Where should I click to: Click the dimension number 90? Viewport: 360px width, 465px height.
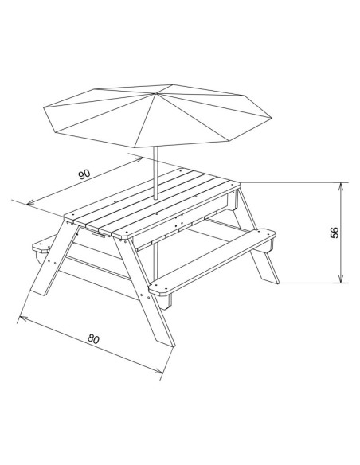click(84, 174)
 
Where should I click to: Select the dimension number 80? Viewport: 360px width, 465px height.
click(93, 338)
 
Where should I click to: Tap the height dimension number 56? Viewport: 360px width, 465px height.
click(335, 232)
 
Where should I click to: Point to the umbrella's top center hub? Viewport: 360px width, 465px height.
click(155, 94)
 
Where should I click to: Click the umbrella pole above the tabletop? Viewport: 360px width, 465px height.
click(155, 173)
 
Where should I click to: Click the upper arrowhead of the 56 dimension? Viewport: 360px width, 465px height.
click(341, 187)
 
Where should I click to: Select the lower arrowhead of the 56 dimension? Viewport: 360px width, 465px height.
click(341, 279)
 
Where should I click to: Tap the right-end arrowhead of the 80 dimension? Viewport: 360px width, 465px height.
click(158, 370)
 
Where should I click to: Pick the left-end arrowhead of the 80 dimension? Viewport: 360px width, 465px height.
click(23, 318)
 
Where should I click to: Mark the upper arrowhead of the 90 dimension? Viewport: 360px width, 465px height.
click(139, 159)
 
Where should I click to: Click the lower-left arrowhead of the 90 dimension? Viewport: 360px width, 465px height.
click(30, 203)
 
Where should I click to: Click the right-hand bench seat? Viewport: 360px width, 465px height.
click(213, 262)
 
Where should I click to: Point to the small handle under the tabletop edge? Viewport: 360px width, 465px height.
click(98, 235)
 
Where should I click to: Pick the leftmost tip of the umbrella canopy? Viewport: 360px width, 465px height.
click(44, 107)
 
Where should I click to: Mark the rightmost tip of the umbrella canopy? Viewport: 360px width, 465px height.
click(272, 118)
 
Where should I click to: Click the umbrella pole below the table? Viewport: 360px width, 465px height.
click(156, 261)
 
